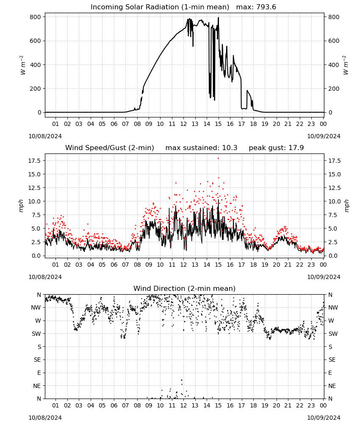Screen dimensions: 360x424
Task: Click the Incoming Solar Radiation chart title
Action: point(160,7)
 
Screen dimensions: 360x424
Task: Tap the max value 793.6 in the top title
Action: point(266,7)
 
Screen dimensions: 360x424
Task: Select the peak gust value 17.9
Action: point(296,148)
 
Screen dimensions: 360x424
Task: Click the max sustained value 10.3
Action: point(230,148)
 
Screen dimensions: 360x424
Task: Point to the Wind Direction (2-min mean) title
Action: point(185,288)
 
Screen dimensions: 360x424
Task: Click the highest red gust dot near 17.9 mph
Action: point(218,159)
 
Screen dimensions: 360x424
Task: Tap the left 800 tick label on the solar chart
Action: point(36,17)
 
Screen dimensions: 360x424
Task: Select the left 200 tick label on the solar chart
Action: point(36,89)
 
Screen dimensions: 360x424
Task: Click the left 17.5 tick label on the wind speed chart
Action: point(35,161)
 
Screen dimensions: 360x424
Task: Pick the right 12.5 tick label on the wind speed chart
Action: point(335,188)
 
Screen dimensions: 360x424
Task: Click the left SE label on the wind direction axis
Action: point(37,360)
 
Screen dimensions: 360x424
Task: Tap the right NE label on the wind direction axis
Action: point(332,386)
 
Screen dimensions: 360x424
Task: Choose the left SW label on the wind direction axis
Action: point(36,334)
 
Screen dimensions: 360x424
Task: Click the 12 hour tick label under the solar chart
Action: point(183,124)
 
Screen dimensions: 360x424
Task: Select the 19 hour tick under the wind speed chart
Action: point(265,265)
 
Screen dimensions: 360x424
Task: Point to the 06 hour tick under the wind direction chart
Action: point(114,406)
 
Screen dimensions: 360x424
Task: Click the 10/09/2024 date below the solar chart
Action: point(324,136)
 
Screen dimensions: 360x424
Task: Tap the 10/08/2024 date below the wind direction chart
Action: point(45,418)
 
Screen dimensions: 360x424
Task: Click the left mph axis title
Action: point(21,206)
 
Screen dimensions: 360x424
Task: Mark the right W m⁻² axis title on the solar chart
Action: point(346,65)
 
